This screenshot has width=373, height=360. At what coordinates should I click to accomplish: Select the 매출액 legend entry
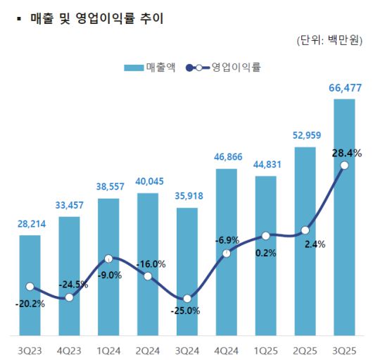[x=150, y=68]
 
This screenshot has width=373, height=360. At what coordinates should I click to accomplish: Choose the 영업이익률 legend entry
[x=225, y=68]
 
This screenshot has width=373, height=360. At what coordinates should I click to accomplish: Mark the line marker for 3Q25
[x=344, y=166]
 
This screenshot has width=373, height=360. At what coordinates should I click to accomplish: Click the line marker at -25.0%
[x=186, y=299]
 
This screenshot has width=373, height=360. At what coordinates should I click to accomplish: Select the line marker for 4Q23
[x=69, y=297]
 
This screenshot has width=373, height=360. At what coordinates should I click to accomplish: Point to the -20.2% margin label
[x=30, y=304]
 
